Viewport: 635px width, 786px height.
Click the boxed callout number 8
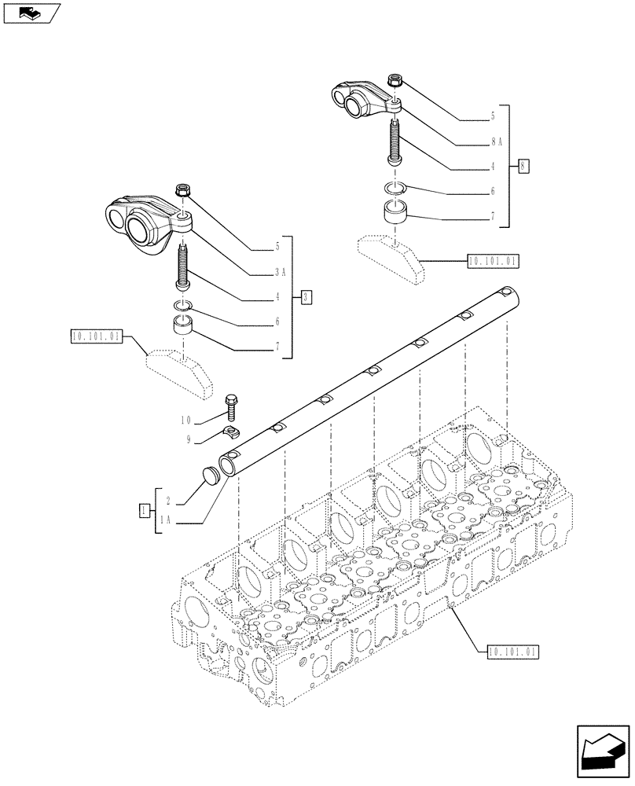[x=524, y=166]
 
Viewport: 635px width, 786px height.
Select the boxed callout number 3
[x=306, y=296]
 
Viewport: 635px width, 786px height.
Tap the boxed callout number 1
[x=143, y=511]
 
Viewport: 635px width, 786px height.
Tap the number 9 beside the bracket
[x=189, y=440]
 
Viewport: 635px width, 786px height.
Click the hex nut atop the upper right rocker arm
[x=395, y=80]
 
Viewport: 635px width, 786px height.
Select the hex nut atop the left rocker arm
[x=183, y=190]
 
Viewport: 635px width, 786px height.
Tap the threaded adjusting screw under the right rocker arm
[x=395, y=141]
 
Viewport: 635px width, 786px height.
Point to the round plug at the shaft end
[x=210, y=478]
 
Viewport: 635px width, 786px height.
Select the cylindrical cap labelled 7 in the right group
[x=395, y=211]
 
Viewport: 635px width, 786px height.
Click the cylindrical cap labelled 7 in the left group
[x=183, y=326]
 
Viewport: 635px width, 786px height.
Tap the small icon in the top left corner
[x=30, y=12]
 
